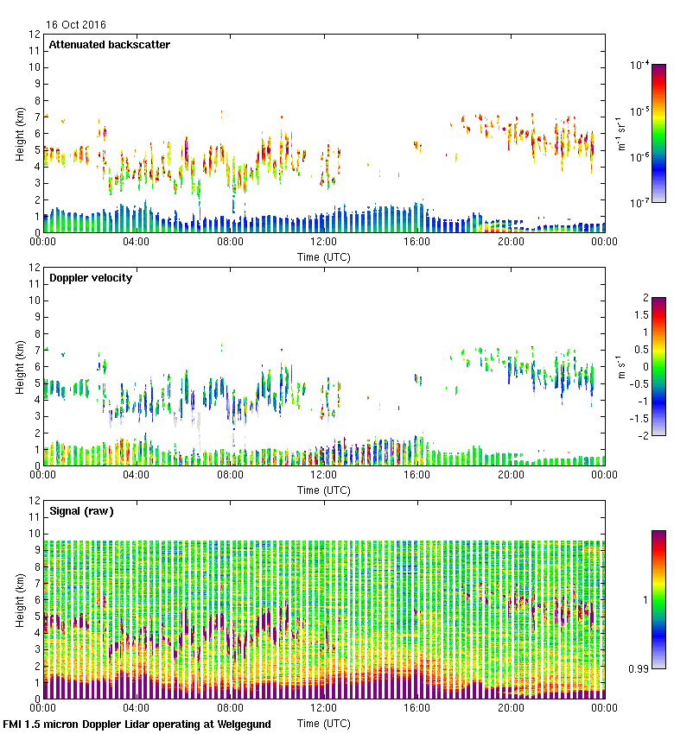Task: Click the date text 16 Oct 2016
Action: click(x=75, y=24)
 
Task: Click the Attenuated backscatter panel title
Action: click(x=109, y=45)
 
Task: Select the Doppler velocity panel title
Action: click(x=90, y=278)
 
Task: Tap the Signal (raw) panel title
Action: click(x=81, y=511)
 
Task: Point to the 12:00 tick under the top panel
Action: click(x=323, y=243)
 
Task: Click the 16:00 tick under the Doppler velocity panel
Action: click(x=416, y=475)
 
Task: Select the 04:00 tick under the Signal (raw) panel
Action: click(x=137, y=708)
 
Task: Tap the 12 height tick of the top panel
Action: click(x=35, y=35)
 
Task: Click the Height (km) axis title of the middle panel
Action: click(x=19, y=367)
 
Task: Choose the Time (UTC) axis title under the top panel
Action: click(x=324, y=257)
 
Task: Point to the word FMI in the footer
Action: click(x=13, y=725)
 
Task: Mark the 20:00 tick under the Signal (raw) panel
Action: click(x=510, y=708)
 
